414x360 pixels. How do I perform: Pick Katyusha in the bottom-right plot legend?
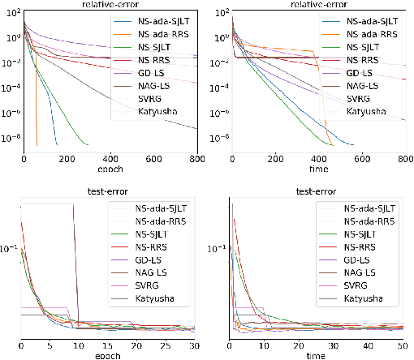coord(365,299)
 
